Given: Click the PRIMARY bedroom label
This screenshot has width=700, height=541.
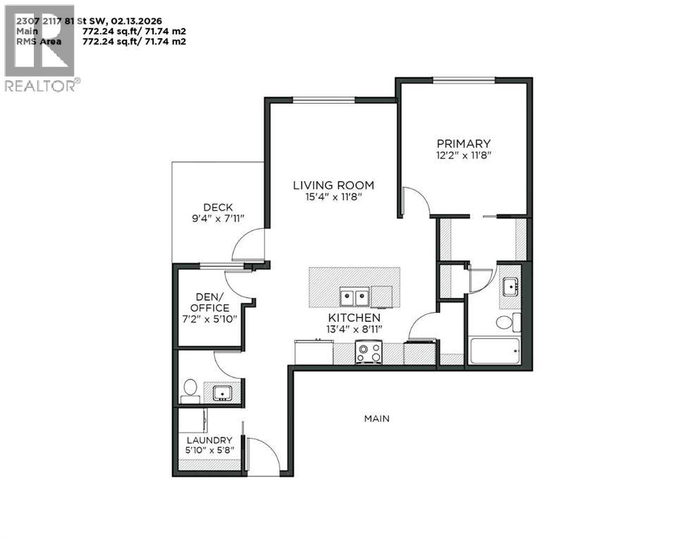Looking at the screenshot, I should pos(463,143).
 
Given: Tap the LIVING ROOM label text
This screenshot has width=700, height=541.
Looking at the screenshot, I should pos(333,185).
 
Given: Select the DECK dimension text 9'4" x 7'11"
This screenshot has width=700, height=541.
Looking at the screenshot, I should pos(218,219).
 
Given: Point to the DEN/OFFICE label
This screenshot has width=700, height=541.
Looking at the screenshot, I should pos(209,302).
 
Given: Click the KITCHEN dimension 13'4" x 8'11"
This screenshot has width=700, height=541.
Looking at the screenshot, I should pos(353,332).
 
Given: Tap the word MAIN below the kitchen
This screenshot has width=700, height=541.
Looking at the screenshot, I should pos(376,418).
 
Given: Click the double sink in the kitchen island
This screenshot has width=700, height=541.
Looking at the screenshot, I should pos(354,297).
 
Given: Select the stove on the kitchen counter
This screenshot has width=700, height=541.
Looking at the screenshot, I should pos(368,352).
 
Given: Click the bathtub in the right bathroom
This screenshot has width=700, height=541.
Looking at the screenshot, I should pos(494,350).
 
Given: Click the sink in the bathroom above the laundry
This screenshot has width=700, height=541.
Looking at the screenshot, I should pos(222,392).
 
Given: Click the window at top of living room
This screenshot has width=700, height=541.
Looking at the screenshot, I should pos(324,99).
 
